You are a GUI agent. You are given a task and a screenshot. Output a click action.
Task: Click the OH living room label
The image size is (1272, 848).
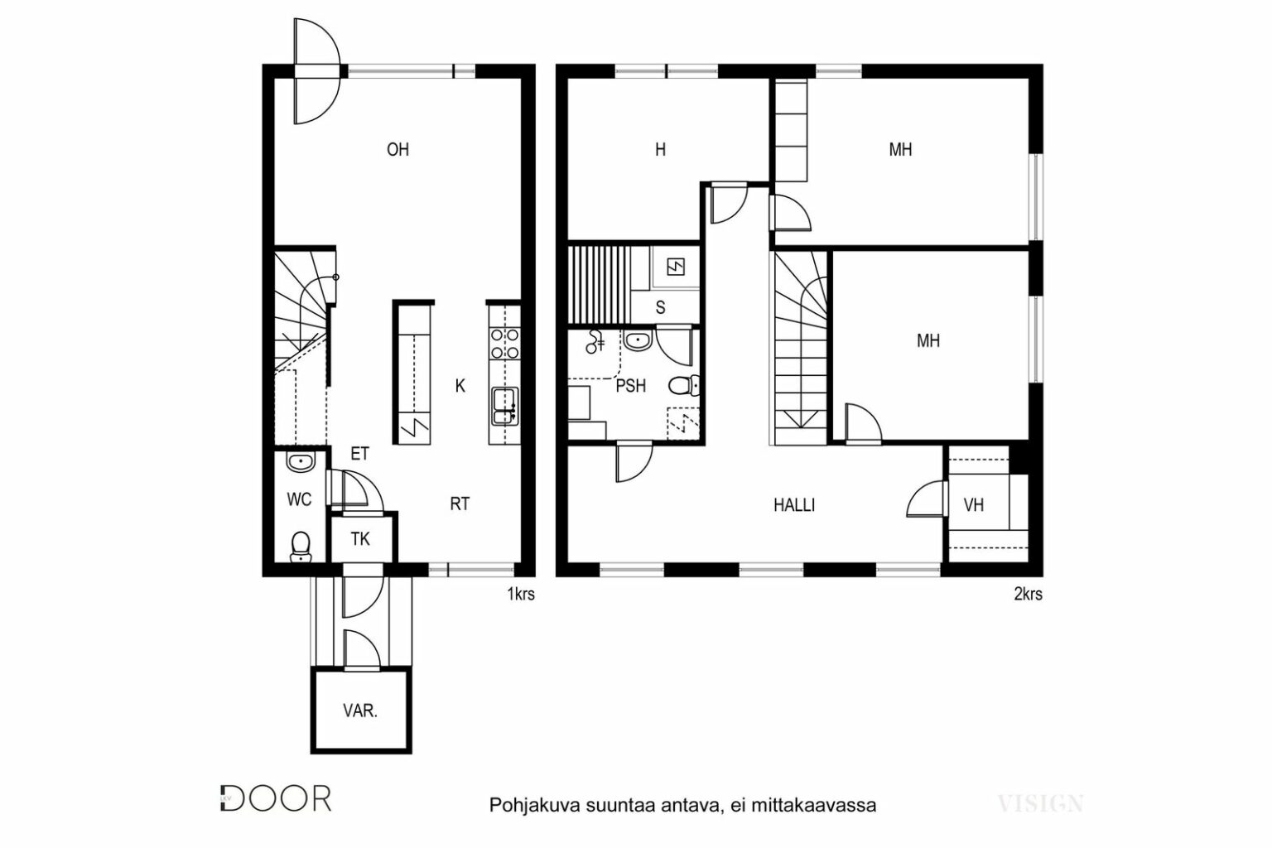coord(397,149)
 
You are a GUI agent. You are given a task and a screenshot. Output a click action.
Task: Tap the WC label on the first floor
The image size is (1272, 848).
coord(299,499)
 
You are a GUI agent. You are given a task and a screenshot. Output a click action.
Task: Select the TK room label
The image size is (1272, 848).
coord(360,538)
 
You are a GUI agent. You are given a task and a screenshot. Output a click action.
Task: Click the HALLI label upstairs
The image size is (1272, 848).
coord(794,504)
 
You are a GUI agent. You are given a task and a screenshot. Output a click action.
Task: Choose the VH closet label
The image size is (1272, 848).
coord(973,504)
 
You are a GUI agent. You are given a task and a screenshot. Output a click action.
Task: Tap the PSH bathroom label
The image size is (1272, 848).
coord(631,386)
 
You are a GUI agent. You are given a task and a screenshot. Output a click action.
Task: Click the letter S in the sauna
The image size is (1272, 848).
coord(660,307)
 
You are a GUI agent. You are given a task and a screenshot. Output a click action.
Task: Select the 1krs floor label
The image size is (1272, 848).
coord(521,594)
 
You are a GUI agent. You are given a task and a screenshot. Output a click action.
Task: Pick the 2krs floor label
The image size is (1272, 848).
coord(1029,594)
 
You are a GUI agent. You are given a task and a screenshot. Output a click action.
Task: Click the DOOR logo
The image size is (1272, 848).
coord(276,798)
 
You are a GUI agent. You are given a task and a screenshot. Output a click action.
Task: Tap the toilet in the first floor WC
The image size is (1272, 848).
coord(301,546)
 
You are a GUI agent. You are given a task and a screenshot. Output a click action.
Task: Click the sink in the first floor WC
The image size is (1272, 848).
coord(301,462)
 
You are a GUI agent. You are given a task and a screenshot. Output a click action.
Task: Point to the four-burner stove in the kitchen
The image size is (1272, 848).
coord(504,343)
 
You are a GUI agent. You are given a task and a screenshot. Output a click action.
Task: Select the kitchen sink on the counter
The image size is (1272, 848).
coord(504,406)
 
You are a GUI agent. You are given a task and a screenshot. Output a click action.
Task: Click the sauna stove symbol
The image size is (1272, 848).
coord(676,267)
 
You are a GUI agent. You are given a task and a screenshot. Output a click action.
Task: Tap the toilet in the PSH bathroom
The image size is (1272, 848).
coord(684,386)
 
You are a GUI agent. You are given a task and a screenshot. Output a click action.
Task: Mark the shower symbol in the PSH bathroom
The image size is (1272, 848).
coord(595,341)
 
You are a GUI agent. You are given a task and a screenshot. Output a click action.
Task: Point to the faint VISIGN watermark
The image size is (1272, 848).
coord(1040,803)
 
